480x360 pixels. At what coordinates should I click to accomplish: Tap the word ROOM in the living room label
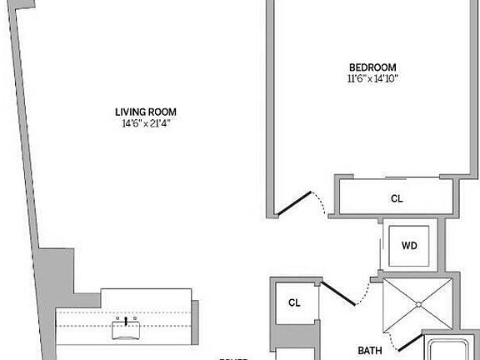click(163, 112)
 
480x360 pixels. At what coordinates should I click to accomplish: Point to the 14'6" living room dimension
click(131, 124)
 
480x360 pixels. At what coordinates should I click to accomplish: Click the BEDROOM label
click(372, 67)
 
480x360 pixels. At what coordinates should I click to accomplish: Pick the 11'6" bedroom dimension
click(356, 79)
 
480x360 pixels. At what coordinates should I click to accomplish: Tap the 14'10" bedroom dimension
click(387, 79)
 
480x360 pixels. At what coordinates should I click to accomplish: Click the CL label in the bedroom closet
click(397, 199)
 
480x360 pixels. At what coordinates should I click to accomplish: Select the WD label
click(409, 246)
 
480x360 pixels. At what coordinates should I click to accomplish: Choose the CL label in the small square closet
click(294, 302)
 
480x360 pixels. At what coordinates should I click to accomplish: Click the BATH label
click(370, 352)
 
